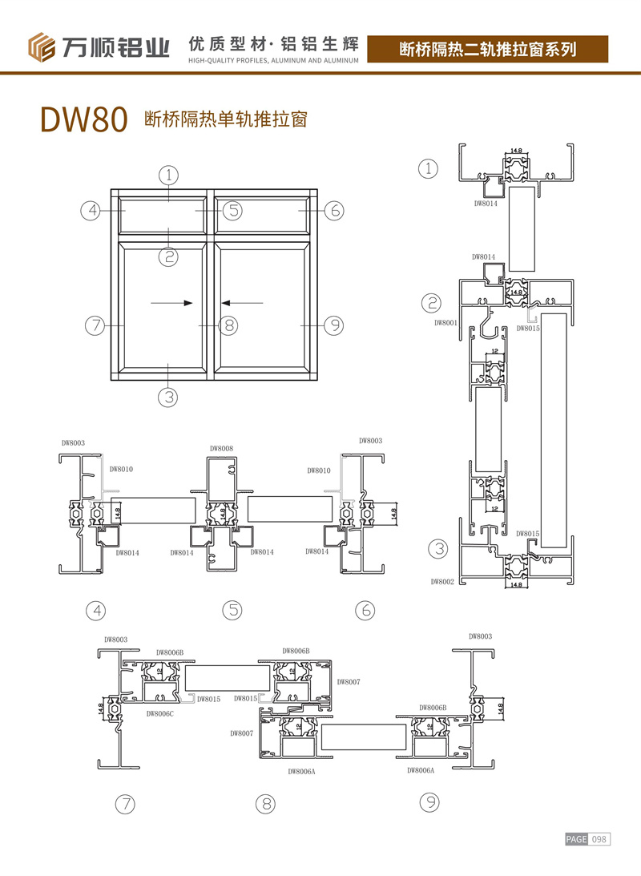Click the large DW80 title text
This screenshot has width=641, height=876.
point(83,119)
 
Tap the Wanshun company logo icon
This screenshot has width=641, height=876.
point(42,47)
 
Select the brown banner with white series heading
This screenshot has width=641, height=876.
point(488,49)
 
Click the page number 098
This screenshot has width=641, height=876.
point(600,839)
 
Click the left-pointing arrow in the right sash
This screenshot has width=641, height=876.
point(243,303)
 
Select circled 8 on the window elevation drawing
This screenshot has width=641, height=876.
point(228,325)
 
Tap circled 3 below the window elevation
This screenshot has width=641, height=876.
point(167,396)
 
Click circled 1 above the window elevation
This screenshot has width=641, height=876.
point(167,174)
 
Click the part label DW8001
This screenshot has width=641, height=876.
point(445,323)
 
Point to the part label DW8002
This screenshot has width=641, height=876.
point(443,582)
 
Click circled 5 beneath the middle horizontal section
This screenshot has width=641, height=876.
point(232,610)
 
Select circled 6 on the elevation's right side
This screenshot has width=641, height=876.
point(334,211)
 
